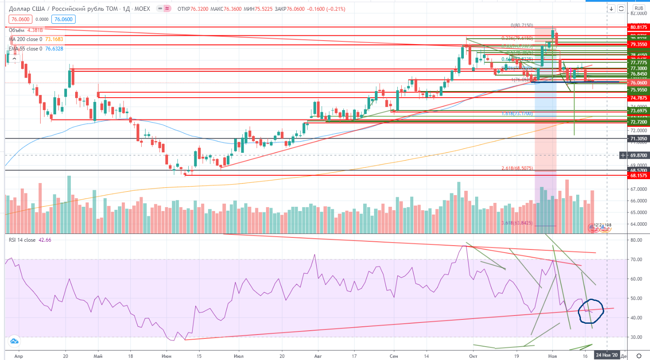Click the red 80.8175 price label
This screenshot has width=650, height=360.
point(639,27)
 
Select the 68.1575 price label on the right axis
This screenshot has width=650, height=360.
point(639,176)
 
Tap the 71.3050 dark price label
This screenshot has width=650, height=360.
point(639,139)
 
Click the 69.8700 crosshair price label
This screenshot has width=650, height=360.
point(639,155)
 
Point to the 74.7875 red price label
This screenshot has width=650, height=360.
point(639,98)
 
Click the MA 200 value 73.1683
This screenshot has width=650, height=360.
point(54,39)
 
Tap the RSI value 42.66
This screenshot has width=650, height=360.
point(45,240)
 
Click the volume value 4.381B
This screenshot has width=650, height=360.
point(35,30)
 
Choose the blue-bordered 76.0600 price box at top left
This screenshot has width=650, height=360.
point(63,19)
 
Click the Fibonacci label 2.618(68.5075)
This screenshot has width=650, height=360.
point(517,168)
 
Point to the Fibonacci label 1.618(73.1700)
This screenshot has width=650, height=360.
point(517,114)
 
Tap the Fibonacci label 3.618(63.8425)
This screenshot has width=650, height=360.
point(517,223)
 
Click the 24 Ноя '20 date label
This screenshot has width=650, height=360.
point(607,355)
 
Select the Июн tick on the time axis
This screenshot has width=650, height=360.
point(166,356)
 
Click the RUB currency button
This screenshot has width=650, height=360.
point(639,8)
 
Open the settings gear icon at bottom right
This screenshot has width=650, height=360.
point(639,356)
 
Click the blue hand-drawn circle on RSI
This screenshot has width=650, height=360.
point(591,311)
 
